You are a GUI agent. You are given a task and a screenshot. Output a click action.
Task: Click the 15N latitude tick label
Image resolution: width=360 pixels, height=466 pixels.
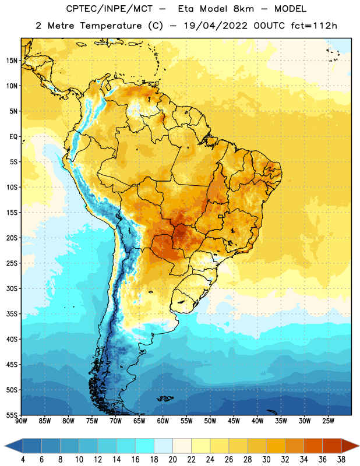(x=12, y=61)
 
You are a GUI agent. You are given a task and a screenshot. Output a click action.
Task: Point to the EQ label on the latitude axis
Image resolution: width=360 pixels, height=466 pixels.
(x=13, y=137)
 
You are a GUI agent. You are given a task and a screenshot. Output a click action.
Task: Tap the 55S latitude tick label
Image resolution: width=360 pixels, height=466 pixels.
(x=12, y=415)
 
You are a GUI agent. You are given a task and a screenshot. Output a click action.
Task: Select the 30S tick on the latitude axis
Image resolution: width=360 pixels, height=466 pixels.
(x=12, y=288)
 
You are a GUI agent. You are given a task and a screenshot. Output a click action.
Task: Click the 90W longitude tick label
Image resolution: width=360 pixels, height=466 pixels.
(x=22, y=421)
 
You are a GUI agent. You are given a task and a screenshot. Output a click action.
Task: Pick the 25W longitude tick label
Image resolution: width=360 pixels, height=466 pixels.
(x=328, y=421)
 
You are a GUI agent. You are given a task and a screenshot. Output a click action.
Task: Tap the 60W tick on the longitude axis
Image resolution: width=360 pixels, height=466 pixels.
(x=163, y=421)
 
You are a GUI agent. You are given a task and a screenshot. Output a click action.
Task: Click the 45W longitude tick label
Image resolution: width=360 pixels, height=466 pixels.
(x=234, y=421)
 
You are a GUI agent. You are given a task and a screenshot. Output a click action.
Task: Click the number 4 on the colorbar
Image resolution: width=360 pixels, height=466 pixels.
(x=23, y=460)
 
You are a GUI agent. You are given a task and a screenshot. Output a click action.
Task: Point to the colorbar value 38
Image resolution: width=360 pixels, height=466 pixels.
(x=341, y=460)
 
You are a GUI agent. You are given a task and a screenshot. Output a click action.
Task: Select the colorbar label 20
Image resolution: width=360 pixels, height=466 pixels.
(x=172, y=460)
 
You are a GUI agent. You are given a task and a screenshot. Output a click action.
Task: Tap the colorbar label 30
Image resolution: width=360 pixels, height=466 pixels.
(x=266, y=460)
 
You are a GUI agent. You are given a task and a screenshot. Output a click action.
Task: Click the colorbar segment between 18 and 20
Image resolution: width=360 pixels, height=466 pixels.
(x=164, y=446)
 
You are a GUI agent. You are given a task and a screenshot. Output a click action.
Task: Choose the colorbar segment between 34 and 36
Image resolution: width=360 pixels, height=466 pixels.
(x=313, y=446)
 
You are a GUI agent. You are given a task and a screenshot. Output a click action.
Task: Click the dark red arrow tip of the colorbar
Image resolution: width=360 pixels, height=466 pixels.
(x=359, y=446)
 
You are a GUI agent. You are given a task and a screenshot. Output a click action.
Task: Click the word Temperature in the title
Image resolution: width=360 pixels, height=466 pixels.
(x=111, y=26)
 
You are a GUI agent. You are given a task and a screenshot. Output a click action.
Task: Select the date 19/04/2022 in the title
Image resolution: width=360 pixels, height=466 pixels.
(x=216, y=26)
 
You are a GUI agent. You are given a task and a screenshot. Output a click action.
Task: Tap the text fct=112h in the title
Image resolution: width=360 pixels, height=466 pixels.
(x=314, y=26)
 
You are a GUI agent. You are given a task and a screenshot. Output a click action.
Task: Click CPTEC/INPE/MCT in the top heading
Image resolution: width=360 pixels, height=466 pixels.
(x=110, y=9)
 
